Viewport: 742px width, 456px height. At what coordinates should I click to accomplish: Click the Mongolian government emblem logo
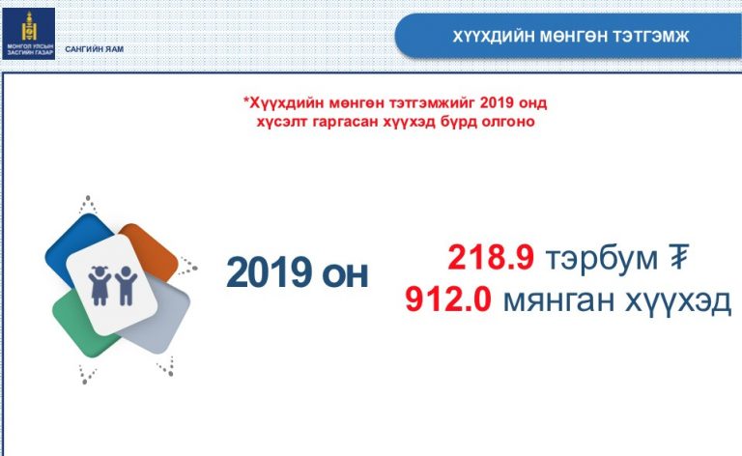click(29, 34)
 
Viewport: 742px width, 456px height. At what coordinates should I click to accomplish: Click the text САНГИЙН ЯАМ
click(94, 49)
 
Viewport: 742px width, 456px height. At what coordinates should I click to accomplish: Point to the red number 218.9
click(491, 258)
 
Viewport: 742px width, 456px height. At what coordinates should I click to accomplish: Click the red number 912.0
click(448, 299)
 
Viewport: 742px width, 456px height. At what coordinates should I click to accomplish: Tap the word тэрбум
click(602, 259)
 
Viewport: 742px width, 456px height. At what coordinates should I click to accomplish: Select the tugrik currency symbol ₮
click(678, 257)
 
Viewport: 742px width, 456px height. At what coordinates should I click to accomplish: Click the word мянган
click(559, 300)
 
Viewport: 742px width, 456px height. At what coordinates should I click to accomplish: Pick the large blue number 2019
click(269, 272)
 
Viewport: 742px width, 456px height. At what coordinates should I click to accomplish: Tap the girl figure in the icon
click(100, 285)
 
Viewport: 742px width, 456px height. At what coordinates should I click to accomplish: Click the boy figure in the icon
click(126, 285)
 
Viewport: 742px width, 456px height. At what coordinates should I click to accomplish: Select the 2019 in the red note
click(497, 102)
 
